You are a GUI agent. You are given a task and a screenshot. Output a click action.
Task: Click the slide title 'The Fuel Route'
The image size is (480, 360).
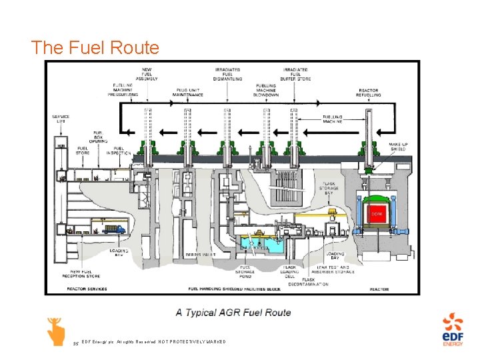coord(95,48)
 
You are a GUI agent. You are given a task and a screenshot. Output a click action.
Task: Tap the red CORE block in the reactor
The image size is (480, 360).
coord(377,214)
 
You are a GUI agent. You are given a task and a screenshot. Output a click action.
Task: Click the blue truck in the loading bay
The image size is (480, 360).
coord(113,230)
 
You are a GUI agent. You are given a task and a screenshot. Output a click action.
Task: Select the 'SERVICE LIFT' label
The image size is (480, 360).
coord(61,119)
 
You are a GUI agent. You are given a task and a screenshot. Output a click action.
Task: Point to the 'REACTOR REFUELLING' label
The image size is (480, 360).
coord(369,93)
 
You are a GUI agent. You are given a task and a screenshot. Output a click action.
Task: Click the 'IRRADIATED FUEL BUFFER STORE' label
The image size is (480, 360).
coord(296,74)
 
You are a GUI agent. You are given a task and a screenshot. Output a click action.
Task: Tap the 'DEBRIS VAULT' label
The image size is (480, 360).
coord(203,253)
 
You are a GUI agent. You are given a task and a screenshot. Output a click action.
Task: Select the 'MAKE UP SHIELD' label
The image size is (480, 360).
coord(399,147)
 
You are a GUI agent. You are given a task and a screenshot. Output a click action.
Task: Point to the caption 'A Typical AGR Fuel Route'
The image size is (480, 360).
coord(233,312)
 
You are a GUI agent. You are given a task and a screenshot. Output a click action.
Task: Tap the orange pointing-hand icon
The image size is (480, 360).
coord(55,331)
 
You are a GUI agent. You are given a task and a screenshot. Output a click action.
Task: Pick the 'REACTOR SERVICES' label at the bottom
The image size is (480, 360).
coord(87,289)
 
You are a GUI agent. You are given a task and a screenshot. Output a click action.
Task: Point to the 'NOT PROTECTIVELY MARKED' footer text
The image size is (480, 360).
coord(193,342)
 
